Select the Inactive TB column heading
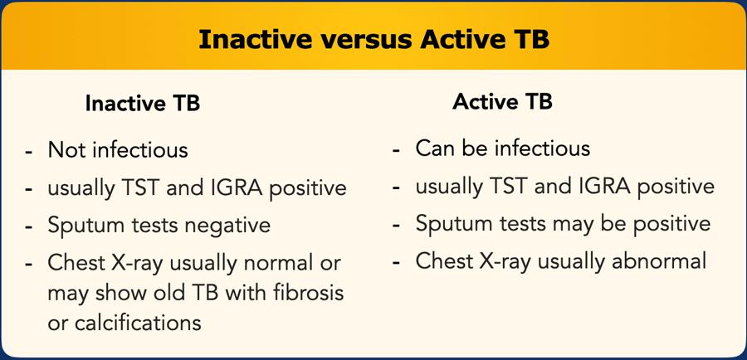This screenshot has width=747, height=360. click(143, 103)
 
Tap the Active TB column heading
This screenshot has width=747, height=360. click(503, 101)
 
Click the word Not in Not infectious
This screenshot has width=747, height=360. click(66, 150)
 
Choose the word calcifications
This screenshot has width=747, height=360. click(138, 323)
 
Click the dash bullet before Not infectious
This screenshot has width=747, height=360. click(29, 153)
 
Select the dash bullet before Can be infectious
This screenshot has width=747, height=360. click(397, 151)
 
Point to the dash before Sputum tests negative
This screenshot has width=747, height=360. click(29, 227)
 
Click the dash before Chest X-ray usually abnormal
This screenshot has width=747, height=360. click(397, 263)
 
